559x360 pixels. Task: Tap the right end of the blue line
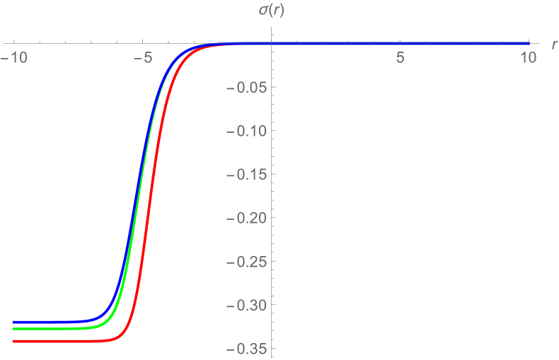(x=529, y=44)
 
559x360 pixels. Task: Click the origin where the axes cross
(x=271, y=44)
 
